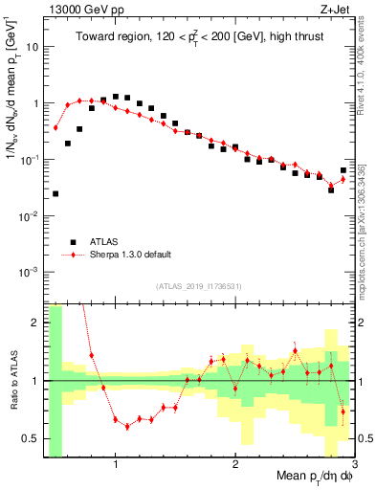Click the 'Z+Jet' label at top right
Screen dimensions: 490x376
[338, 9]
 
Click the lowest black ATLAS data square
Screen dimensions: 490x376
[55, 193]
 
